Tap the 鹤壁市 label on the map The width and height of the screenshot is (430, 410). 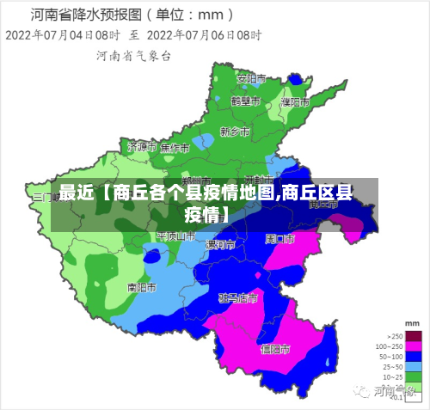pos(245,100)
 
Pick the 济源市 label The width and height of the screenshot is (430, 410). pos(139,147)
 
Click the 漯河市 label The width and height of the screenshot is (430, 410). pos(219,245)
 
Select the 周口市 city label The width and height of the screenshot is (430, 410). pos(280,238)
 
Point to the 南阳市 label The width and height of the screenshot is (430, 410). pos(141,287)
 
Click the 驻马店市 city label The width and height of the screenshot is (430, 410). pos(238,298)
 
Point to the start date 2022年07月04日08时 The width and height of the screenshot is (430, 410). pos(63,34)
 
